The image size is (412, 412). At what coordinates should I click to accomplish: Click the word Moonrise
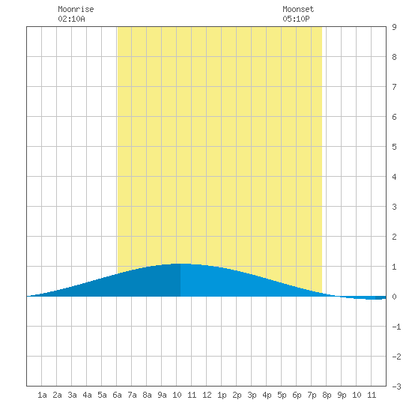click(76, 9)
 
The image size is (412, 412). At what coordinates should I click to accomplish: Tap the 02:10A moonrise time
click(71, 19)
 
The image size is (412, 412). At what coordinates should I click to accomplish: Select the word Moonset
click(298, 9)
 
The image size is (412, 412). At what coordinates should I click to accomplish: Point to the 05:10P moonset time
click(296, 19)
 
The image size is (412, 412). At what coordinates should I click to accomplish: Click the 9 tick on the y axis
click(394, 27)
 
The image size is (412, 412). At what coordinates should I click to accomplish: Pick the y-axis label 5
click(394, 147)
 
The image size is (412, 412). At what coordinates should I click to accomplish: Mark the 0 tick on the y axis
click(394, 297)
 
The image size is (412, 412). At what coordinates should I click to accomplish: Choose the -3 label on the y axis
click(396, 387)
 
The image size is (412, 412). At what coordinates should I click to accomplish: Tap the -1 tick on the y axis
click(396, 327)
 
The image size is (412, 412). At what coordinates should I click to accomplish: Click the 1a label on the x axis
click(42, 395)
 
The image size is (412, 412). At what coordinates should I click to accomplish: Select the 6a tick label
click(117, 395)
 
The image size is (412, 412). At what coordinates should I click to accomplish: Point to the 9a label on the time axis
click(162, 395)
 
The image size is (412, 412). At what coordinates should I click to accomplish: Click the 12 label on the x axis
click(207, 395)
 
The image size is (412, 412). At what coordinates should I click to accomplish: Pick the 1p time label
click(222, 395)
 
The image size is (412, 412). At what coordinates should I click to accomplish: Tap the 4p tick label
click(267, 395)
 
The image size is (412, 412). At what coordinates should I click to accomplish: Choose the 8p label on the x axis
click(327, 395)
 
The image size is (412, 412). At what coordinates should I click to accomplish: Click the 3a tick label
click(72, 395)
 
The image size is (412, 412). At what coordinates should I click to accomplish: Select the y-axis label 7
click(394, 87)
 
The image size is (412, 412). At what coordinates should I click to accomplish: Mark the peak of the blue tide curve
click(181, 264)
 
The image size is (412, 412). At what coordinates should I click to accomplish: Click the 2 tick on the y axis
click(394, 237)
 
